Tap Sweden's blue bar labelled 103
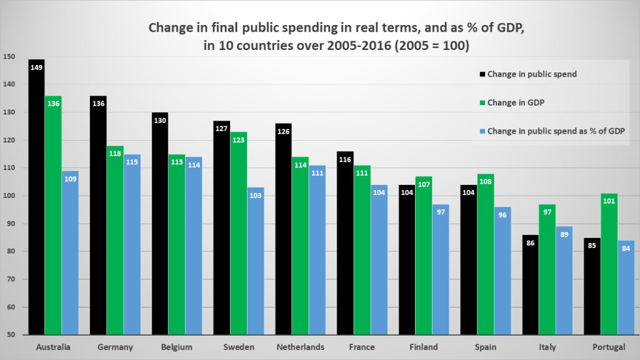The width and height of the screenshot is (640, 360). pyautogui.click(x=256, y=262)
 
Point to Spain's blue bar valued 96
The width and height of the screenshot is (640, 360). pyautogui.click(x=503, y=271)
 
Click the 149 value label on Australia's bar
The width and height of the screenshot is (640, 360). pyautogui.click(x=36, y=66)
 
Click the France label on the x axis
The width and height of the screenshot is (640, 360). pyautogui.click(x=362, y=347)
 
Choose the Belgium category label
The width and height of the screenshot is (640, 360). pyautogui.click(x=177, y=347)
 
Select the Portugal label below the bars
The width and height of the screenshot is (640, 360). pyautogui.click(x=609, y=347)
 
